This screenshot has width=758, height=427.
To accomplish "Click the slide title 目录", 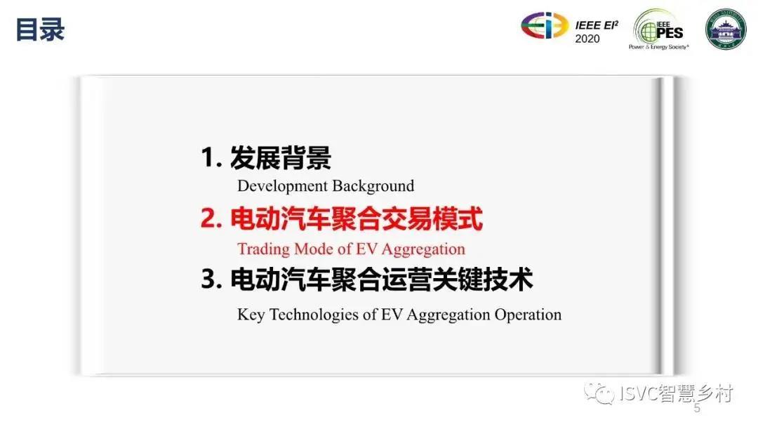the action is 40,30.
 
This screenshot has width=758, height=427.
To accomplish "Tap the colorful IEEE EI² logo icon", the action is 545,25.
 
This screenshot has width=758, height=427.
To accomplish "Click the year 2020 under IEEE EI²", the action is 587,39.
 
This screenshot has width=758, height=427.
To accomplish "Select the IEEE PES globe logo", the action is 658,29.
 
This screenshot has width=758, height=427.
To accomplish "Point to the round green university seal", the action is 725,29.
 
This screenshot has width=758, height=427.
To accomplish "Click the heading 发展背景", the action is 281,157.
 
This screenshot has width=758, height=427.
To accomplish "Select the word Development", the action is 283,186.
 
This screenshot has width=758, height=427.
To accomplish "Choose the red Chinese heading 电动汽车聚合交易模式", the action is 357,218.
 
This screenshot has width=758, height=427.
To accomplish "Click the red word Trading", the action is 263,249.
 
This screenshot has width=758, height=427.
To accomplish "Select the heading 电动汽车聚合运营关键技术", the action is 382,280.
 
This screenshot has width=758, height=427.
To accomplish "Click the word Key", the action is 251,315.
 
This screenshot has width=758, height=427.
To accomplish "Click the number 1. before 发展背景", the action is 211,157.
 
